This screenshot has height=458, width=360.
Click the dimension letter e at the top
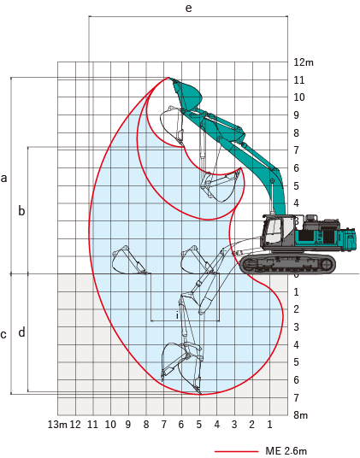[189, 8]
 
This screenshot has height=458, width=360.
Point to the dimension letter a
[3, 178]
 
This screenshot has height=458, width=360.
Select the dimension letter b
[21, 210]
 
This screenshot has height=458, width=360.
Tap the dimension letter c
[3, 334]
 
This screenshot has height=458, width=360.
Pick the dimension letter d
[21, 332]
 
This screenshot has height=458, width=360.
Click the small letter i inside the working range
[177, 315]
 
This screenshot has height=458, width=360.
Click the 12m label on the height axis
[304, 62]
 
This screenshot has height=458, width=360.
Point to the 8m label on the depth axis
[301, 415]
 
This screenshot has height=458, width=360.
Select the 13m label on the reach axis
[57, 425]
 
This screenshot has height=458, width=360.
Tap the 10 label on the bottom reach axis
[110, 425]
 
